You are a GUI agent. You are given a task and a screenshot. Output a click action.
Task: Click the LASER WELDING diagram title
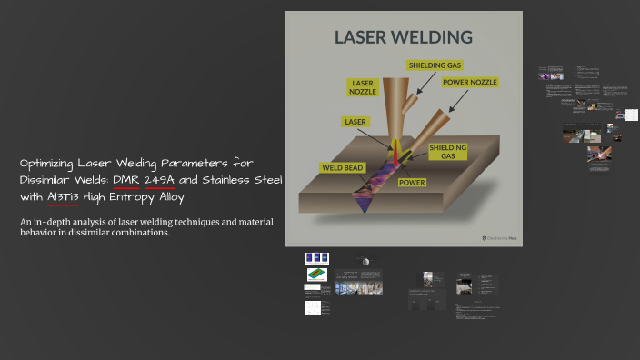[404, 37]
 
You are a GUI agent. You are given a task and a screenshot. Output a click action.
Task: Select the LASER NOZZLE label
[362, 86]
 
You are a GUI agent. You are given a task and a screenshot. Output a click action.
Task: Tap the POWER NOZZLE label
[469, 82]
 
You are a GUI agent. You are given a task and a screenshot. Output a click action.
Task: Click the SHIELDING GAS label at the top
[435, 65]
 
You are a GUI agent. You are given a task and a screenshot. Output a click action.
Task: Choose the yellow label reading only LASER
[355, 121]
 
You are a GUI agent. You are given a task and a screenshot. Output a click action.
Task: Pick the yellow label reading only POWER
[414, 181]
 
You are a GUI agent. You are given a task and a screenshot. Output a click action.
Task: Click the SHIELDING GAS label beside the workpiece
[447, 151]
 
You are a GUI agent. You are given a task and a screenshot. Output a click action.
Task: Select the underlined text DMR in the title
[125, 180]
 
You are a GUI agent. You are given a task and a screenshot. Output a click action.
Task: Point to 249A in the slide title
[159, 180]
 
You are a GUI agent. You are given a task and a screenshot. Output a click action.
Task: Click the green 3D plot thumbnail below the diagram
[316, 274]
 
